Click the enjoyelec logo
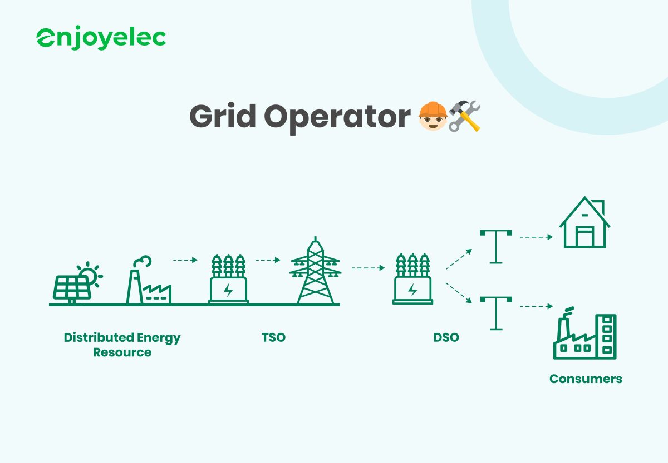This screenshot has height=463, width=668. [101, 38]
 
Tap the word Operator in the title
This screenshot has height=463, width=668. [337, 117]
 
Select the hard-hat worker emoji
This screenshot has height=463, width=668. [432, 116]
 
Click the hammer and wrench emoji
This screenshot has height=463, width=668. [464, 116]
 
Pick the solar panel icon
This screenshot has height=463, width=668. [70, 287]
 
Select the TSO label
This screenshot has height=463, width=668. [273, 337]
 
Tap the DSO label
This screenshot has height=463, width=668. [446, 337]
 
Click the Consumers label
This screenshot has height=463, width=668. [586, 379]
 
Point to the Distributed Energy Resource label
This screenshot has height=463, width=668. [122, 345]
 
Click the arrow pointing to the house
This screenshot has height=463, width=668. [536, 237]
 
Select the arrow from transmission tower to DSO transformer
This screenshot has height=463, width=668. [368, 268]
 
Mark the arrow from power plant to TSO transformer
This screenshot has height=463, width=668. [185, 260]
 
